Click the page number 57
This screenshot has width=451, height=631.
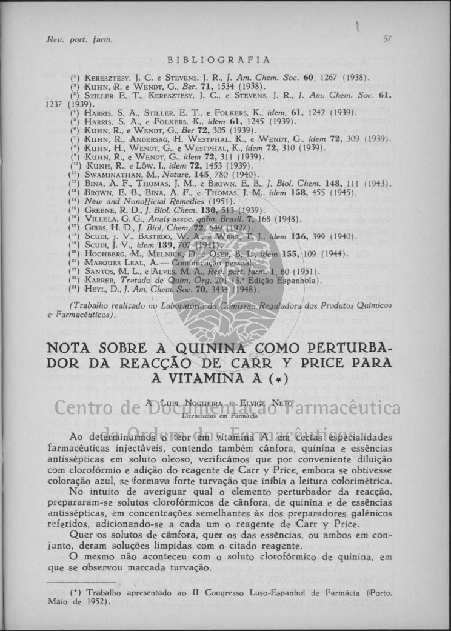[x=387, y=38]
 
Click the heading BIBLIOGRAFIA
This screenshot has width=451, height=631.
[x=219, y=59]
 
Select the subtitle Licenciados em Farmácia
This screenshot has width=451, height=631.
[x=219, y=410]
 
